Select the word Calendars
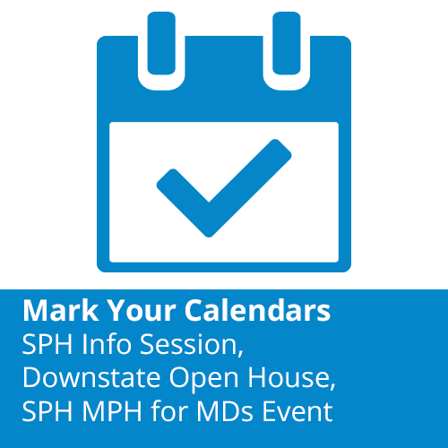tap(258, 311)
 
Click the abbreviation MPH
tap(110, 412)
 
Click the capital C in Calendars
tap(196, 311)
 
